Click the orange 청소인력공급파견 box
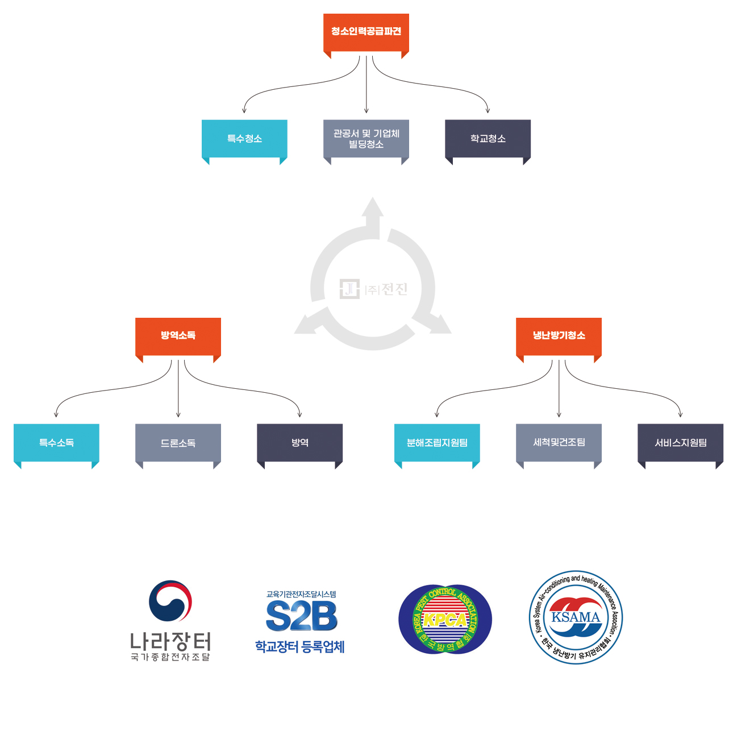(x=366, y=32)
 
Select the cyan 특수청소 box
(x=244, y=138)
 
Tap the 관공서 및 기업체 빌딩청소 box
(x=366, y=138)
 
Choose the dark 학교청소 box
(x=488, y=138)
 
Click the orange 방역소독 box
(x=178, y=335)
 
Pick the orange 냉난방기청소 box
(x=559, y=335)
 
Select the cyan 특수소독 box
(x=56, y=442)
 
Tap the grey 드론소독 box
(x=178, y=442)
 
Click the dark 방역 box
(x=299, y=442)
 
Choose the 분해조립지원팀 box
(x=437, y=442)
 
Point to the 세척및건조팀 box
(x=559, y=442)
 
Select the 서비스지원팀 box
(x=680, y=442)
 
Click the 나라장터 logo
(x=170, y=620)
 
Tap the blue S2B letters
(x=301, y=616)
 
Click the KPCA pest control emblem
(x=445, y=620)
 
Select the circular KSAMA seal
(x=576, y=617)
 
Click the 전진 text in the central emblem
(x=394, y=289)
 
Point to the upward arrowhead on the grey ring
(x=373, y=207)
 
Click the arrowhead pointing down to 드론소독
(x=178, y=414)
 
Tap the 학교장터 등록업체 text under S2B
(x=299, y=647)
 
